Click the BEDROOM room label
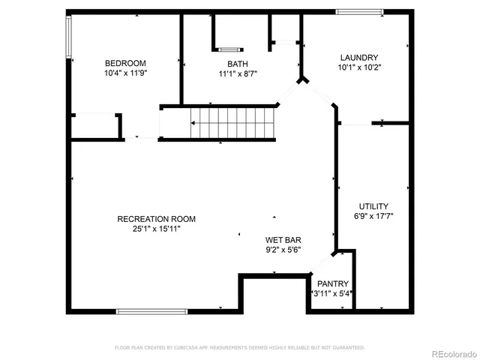125,63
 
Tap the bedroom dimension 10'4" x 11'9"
125,73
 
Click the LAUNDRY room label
358,58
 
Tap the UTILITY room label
373,206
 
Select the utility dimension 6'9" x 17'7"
373,216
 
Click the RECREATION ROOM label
156,219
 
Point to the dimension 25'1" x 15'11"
156,229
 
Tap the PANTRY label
332,283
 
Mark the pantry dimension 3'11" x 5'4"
332,293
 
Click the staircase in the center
232,122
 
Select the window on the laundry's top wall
359,12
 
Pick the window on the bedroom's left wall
69,37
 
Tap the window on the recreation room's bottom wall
152,310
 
